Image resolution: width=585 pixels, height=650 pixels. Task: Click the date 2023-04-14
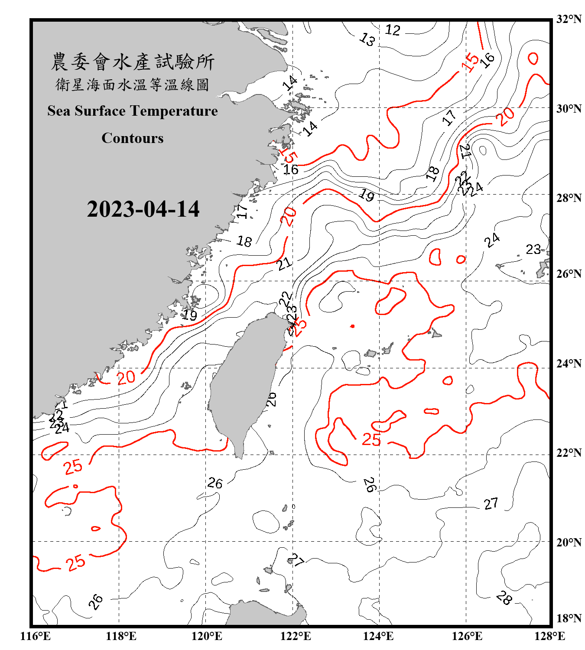pyautogui.click(x=143, y=209)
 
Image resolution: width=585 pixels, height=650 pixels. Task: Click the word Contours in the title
pyautogui.click(x=133, y=138)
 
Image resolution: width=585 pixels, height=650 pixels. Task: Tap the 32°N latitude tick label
pyautogui.click(x=569, y=19)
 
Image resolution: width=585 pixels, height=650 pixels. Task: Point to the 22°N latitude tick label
pyautogui.click(x=569, y=453)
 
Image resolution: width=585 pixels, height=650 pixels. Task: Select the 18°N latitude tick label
pyautogui.click(x=569, y=618)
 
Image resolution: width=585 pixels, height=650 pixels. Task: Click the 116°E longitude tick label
pyautogui.click(x=36, y=636)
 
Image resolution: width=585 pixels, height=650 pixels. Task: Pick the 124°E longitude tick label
pyautogui.click(x=378, y=636)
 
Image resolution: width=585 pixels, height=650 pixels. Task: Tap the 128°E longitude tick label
pyautogui.click(x=549, y=636)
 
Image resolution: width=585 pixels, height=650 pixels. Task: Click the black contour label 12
pyautogui.click(x=393, y=30)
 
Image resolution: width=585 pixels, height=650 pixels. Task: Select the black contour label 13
pyautogui.click(x=367, y=39)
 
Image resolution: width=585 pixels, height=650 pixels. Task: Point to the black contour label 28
pyautogui.click(x=504, y=598)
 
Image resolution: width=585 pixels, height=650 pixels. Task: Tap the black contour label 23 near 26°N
pyautogui.click(x=533, y=249)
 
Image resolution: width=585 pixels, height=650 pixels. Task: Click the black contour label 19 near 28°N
pyautogui.click(x=367, y=195)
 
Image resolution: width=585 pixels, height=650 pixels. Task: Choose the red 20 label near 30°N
pyautogui.click(x=505, y=116)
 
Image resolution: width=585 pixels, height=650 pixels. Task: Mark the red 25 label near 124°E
pyautogui.click(x=371, y=440)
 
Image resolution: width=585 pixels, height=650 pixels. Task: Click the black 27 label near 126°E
pyautogui.click(x=491, y=504)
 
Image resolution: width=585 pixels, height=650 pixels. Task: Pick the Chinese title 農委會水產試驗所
pyautogui.click(x=133, y=62)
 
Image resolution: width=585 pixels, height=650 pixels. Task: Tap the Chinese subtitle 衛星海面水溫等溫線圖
pyautogui.click(x=133, y=85)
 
